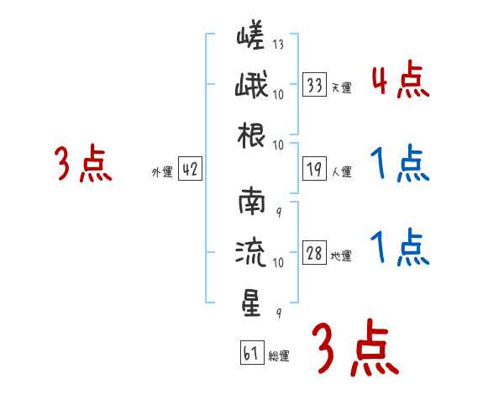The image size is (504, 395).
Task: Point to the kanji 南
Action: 251,203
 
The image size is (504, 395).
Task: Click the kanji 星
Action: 251,303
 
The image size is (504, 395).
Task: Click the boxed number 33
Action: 315,84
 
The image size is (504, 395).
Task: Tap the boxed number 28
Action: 315,254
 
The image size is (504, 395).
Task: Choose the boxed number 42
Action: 190,170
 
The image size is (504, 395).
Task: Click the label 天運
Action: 341,87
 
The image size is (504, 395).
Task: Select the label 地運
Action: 341,256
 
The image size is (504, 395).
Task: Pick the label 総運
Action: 279,356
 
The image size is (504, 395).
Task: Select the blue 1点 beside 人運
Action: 399,165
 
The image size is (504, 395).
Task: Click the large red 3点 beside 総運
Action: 354,347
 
